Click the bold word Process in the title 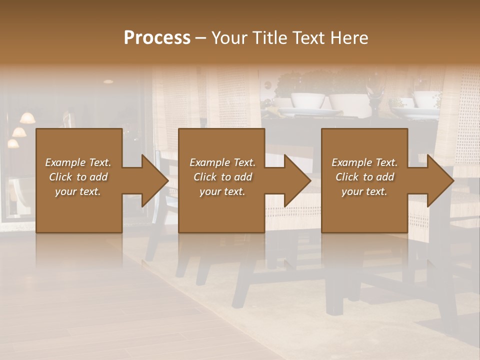tap(157, 38)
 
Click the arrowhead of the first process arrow tap(155, 180)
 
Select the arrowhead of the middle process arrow tap(298, 180)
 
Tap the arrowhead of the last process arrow tap(440, 180)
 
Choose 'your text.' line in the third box tap(364, 191)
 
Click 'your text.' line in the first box tap(78, 191)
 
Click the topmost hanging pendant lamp tap(28, 118)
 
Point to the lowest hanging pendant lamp tap(13, 143)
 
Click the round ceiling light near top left tap(108, 81)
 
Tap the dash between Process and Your tap(200, 38)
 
